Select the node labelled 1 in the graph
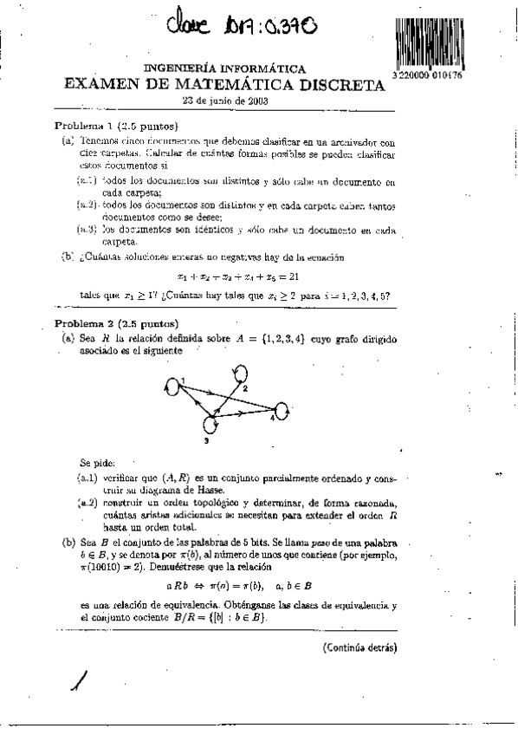(x=173, y=384)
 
